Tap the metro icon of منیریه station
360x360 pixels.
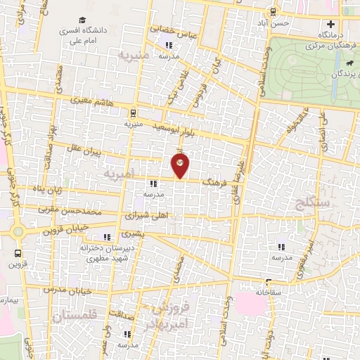coord(133,112)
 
